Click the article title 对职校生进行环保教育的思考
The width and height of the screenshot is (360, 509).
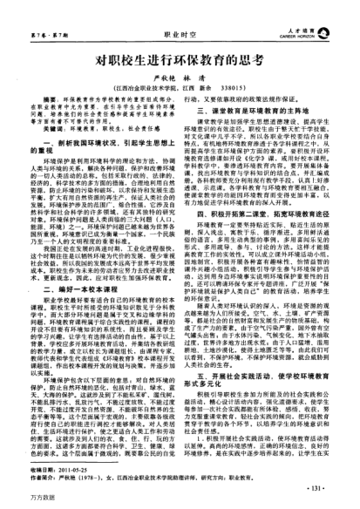[179, 62]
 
